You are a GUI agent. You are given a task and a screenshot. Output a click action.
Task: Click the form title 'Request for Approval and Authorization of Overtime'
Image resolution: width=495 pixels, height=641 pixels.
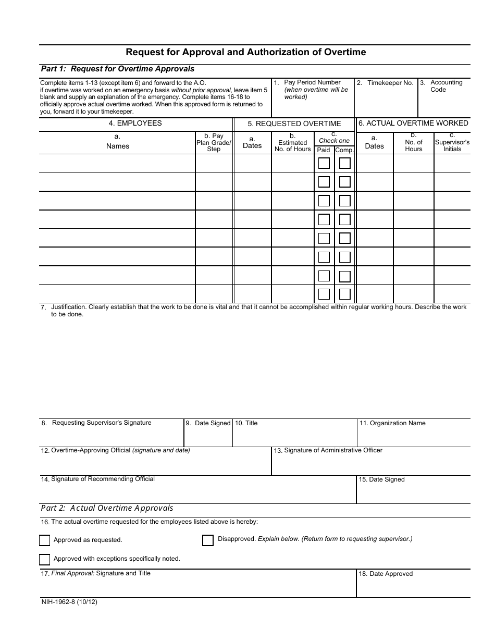246,52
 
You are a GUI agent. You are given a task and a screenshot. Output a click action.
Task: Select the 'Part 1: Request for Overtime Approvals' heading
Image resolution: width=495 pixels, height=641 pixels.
118,69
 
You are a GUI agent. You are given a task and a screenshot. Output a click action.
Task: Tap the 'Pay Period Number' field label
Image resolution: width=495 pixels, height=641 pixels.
312,82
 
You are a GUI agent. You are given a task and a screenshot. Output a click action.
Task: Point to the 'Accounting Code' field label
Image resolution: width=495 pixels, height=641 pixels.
446,86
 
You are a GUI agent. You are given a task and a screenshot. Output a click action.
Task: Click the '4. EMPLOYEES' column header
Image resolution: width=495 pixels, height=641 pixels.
135,124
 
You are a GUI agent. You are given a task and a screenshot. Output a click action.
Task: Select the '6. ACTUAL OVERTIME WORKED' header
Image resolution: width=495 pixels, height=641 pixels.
413,124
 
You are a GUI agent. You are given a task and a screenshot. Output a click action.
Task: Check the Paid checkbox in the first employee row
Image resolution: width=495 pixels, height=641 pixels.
324,163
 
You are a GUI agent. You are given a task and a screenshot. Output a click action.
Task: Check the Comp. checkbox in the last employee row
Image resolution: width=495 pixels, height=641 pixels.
345,294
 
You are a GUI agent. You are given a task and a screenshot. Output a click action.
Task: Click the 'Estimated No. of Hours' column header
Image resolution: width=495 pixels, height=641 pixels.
292,143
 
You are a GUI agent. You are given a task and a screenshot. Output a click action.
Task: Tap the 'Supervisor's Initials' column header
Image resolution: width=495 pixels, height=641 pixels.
452,142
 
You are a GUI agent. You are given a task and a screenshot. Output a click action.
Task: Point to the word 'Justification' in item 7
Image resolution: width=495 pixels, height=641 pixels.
69,307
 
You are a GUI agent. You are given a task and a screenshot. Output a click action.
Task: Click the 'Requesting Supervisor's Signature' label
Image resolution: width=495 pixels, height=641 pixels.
102,423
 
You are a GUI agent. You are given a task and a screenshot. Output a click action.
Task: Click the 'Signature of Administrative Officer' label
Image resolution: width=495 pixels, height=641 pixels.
333,450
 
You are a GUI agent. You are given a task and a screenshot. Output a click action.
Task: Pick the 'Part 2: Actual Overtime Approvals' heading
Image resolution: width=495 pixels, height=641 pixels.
107,508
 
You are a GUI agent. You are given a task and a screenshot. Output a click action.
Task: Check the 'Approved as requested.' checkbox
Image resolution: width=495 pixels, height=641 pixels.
45,540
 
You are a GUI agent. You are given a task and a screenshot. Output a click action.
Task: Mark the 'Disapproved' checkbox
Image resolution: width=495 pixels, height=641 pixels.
208,540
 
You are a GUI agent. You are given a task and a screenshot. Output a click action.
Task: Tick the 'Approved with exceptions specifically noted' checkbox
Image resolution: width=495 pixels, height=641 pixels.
45,559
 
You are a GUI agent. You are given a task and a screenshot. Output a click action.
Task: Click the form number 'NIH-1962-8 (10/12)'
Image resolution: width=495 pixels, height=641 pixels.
69,602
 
